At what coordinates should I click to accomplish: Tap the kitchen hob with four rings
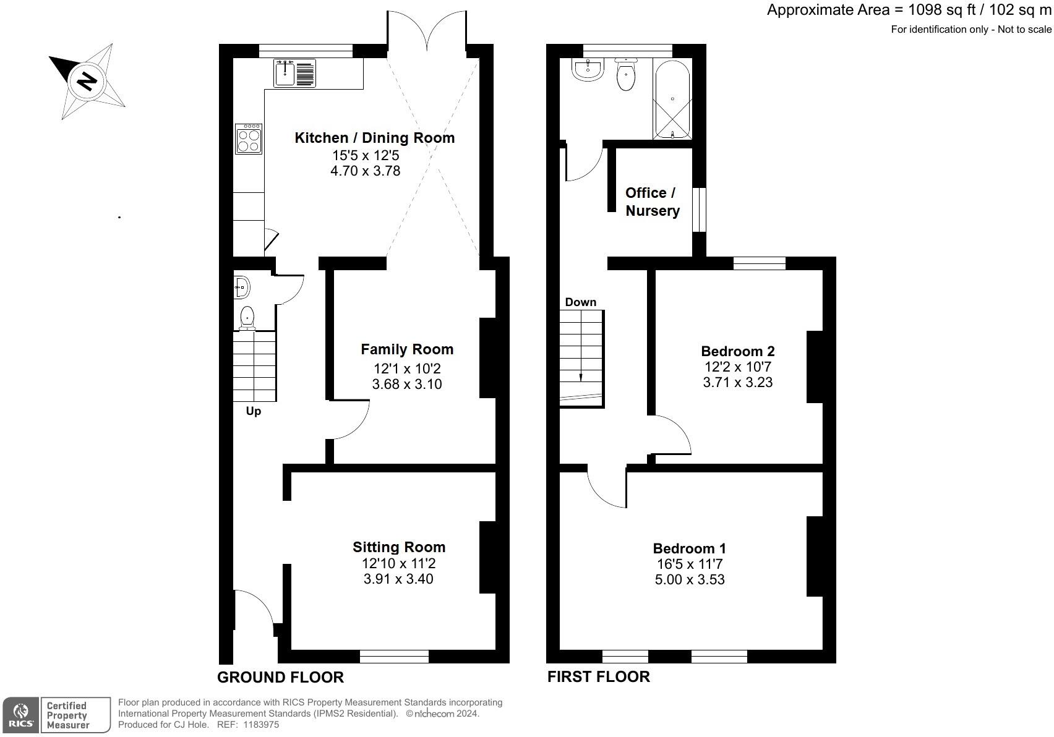(249, 138)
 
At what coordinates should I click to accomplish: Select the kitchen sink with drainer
(294, 74)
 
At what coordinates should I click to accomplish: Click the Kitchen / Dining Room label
(375, 138)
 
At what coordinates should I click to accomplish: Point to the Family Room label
(407, 349)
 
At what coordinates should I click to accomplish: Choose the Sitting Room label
(399, 547)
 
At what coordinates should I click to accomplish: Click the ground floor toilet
(247, 317)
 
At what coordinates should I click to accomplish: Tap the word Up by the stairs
(254, 411)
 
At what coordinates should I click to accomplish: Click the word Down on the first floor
(581, 302)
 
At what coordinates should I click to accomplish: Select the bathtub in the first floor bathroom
(672, 100)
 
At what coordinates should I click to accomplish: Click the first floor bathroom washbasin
(588, 70)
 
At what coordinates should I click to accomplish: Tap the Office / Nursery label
(652, 202)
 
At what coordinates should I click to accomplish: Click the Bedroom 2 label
(738, 351)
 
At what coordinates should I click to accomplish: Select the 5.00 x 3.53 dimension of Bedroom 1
(690, 579)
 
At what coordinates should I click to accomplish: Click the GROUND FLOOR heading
(280, 677)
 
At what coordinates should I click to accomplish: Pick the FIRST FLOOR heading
(599, 677)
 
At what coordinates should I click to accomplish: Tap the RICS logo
(20, 715)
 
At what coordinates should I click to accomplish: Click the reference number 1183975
(260, 725)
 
